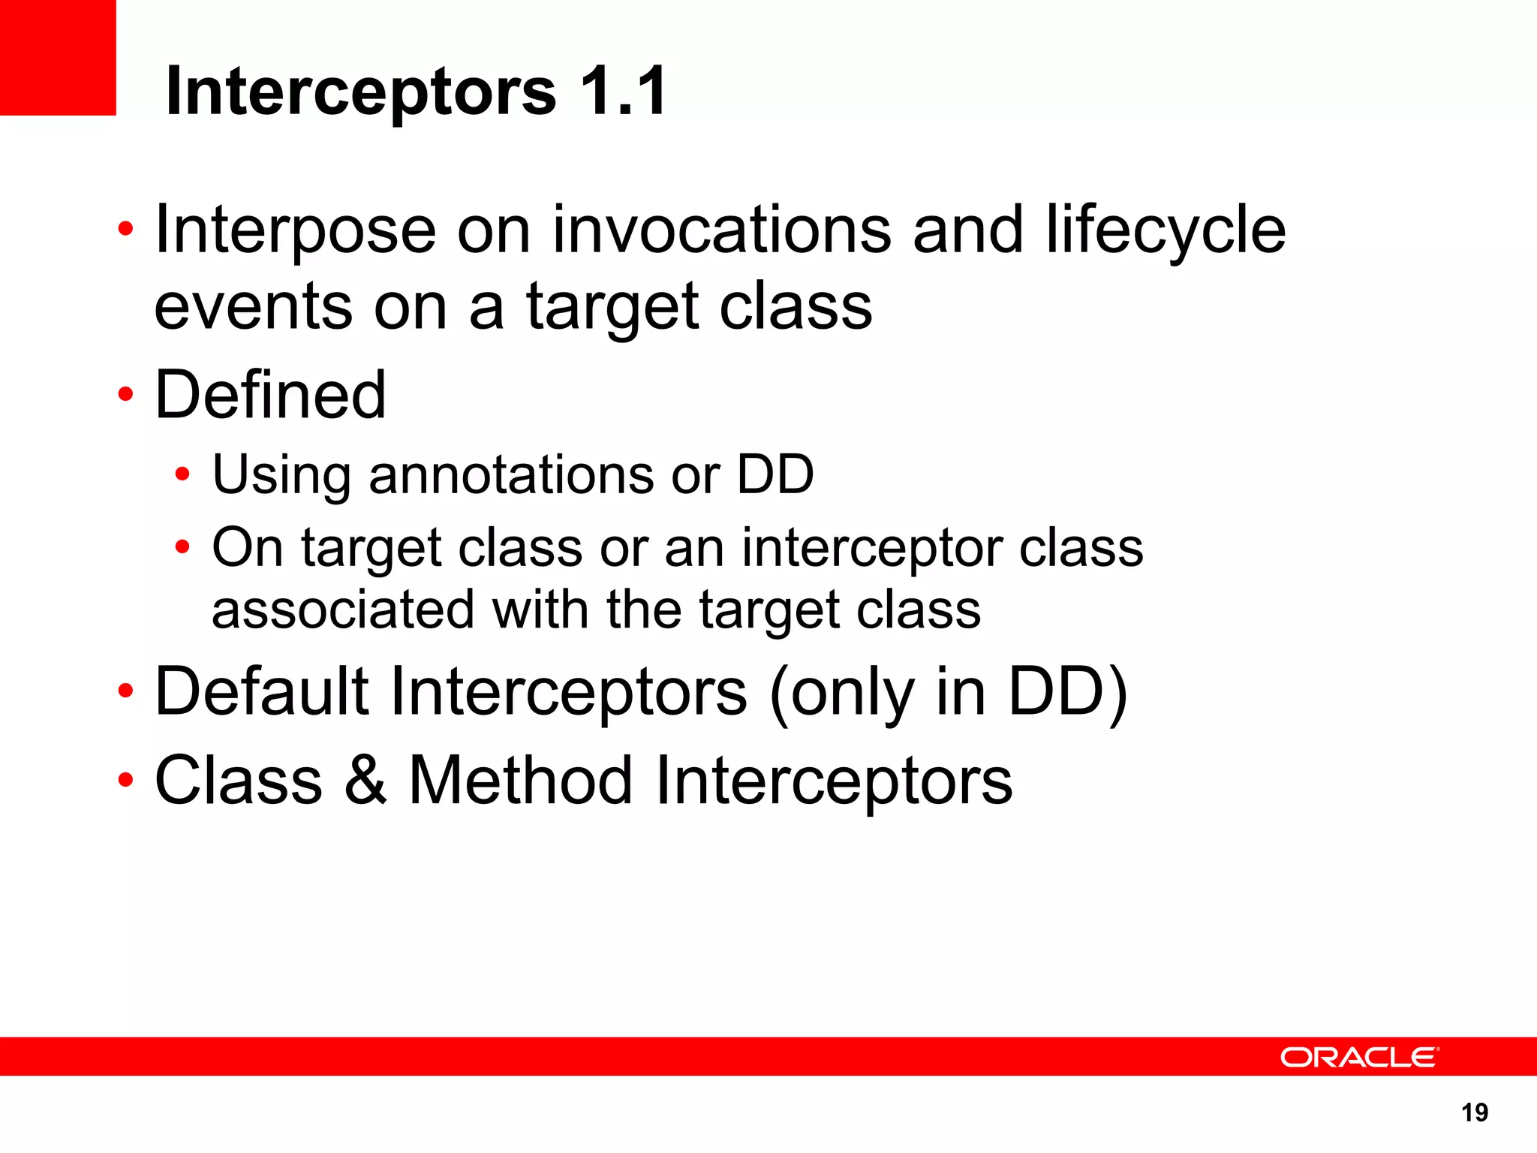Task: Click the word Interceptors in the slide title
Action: point(360,92)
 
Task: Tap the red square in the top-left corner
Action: point(58,57)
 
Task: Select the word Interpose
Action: point(295,230)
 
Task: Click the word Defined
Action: point(270,395)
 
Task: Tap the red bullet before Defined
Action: point(125,394)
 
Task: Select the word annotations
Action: point(511,475)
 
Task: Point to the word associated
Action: point(343,609)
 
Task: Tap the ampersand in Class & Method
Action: point(365,781)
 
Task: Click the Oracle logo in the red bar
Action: point(1359,1057)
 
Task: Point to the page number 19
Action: point(1475,1112)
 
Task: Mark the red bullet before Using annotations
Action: point(182,474)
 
